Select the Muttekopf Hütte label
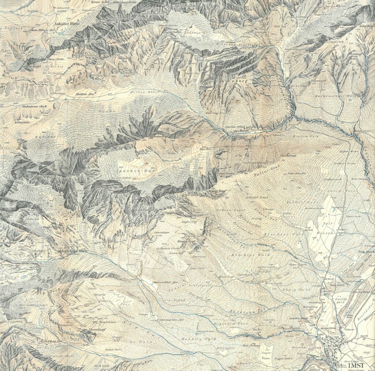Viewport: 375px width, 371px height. tap(74, 251)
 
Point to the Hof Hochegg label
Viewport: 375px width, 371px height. tap(252, 345)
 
